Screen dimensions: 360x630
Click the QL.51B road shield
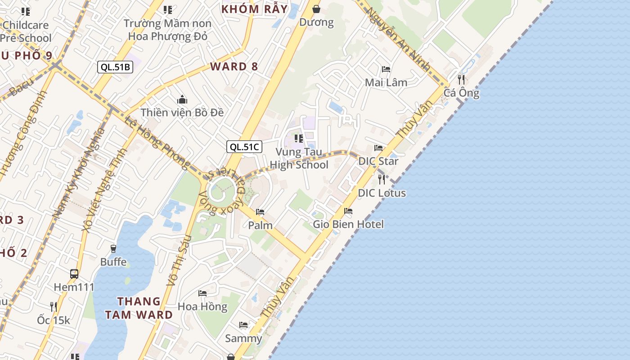(x=115, y=67)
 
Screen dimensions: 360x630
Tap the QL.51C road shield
(x=244, y=146)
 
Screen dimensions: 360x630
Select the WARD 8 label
(x=234, y=67)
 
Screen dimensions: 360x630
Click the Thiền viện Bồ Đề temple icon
(x=182, y=99)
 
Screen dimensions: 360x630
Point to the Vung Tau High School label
(x=299, y=158)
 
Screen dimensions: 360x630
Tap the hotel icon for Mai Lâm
(x=386, y=69)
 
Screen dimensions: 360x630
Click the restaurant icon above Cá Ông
(x=461, y=80)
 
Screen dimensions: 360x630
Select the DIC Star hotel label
(x=378, y=161)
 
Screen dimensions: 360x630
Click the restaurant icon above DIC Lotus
(x=382, y=180)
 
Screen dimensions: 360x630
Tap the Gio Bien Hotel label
(x=348, y=224)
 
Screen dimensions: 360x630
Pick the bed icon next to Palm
(x=260, y=212)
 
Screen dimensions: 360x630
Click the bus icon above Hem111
(x=74, y=274)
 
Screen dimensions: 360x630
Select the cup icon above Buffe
(x=113, y=248)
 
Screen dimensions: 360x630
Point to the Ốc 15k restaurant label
(x=54, y=320)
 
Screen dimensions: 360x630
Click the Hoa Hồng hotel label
(x=202, y=306)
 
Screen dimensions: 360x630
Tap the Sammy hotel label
(x=243, y=338)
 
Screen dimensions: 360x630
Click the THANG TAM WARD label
(x=139, y=308)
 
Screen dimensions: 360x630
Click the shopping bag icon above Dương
(x=316, y=9)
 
